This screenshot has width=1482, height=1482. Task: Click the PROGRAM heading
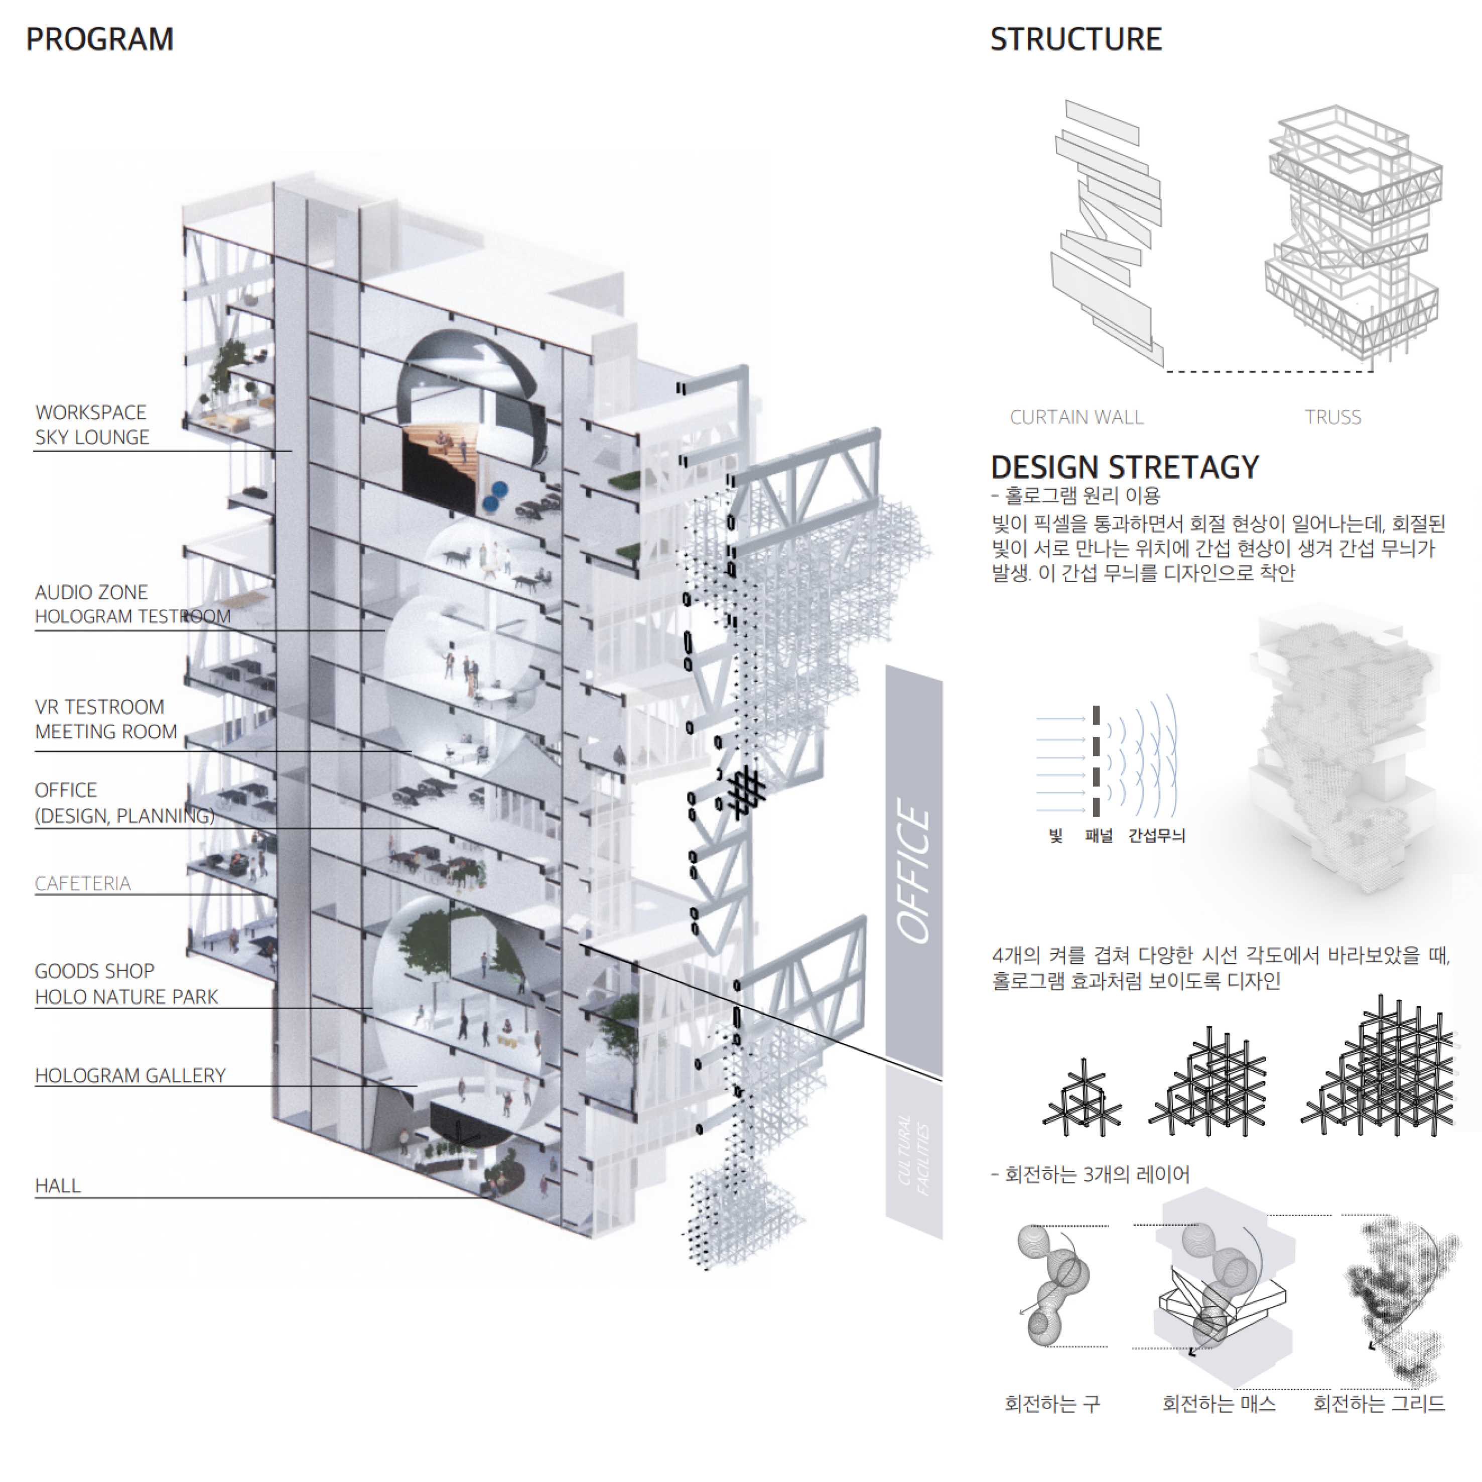click(x=100, y=39)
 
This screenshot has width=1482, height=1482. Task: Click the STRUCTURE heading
click(x=1075, y=39)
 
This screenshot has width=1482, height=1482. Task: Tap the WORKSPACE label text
click(x=90, y=412)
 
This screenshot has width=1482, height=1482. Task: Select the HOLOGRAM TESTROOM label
click(x=132, y=617)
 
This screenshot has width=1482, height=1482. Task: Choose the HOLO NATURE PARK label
click(x=126, y=996)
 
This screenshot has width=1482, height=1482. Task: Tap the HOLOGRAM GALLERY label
click(x=130, y=1075)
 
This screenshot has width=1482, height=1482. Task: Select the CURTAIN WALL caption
click(x=1076, y=417)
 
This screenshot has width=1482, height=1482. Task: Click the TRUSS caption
click(x=1332, y=417)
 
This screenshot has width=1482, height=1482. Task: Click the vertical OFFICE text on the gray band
click(x=914, y=871)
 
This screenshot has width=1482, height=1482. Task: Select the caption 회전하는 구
click(x=1052, y=1404)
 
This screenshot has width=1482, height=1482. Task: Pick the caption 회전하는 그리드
click(x=1379, y=1404)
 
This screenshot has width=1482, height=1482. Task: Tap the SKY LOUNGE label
click(x=92, y=437)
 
